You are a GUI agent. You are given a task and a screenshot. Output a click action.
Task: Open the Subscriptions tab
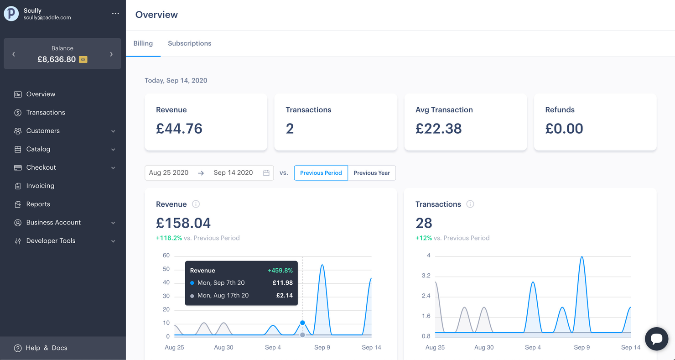189,43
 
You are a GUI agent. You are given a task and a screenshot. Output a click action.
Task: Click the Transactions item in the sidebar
46,112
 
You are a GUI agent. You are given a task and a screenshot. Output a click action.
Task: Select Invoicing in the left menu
40,186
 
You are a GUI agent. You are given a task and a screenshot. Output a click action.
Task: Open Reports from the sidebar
38,204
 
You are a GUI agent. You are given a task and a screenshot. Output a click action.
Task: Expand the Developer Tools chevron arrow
113,241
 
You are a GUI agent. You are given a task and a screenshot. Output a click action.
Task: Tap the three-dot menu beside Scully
115,14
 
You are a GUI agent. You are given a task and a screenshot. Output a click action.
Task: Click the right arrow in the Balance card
111,54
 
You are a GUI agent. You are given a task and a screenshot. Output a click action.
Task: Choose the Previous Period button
321,173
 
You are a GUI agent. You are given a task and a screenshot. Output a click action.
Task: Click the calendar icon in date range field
266,173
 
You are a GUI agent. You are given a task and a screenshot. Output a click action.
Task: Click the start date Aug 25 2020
169,173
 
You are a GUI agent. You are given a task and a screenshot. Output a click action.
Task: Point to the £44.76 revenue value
179,129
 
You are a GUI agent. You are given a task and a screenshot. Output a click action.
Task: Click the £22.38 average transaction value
438,129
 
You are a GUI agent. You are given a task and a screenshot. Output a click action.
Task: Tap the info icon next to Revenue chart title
196,204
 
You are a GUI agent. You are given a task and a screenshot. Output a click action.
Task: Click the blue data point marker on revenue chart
302,323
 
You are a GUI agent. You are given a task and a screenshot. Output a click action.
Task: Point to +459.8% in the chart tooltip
280,270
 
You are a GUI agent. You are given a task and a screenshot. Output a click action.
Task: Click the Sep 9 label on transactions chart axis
582,347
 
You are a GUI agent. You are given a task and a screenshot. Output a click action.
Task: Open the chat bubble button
657,339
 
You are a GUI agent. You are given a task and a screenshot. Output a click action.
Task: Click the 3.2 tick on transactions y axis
426,276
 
